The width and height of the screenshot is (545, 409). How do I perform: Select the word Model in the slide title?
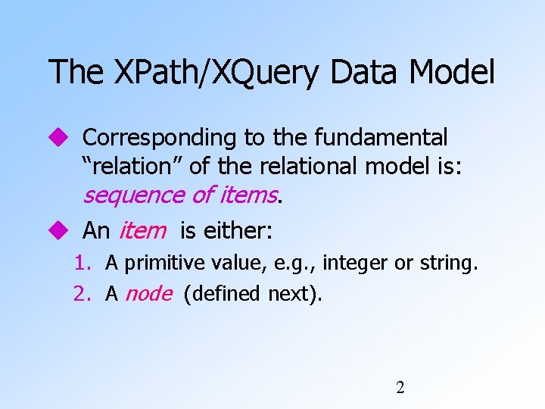point(453,73)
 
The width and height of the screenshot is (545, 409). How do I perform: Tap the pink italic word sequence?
point(133,195)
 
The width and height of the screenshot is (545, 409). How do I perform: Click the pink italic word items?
point(248,195)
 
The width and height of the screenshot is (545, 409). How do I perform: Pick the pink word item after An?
point(142,229)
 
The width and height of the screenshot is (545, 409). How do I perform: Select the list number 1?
point(82,264)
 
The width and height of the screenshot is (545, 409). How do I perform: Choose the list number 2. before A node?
point(82,293)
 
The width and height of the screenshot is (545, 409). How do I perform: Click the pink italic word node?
point(148,293)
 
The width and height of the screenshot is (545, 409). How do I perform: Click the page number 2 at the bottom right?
point(400,388)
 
